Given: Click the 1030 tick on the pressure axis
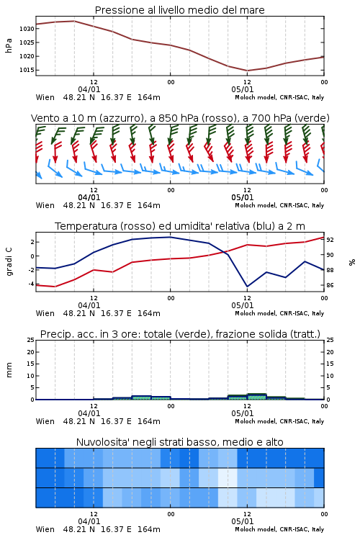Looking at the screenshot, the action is tap(27, 29).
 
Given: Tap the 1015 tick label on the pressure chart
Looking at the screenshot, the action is tap(27, 70).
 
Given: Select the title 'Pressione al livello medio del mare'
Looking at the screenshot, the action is tap(180, 10).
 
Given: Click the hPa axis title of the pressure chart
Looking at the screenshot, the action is tap(9, 45).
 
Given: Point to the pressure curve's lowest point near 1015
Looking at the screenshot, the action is tap(247, 71).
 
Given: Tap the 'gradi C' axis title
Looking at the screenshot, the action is tap(9, 261).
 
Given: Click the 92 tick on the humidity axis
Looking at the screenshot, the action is tap(330, 240).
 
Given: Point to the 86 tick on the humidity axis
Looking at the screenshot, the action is tap(330, 285).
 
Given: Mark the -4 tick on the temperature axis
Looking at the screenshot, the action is tap(31, 284).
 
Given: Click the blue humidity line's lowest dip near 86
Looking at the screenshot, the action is tap(247, 286).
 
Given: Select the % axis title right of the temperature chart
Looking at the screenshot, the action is tap(352, 262).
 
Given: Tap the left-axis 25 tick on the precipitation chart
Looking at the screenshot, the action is tap(31, 340).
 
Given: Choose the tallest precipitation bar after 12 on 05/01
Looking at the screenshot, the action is tap(256, 397).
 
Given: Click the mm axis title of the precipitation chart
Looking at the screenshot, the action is tap(9, 370).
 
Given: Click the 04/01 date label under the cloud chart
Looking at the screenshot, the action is tap(89, 521).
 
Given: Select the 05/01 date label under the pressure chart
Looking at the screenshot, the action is tap(243, 89).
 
